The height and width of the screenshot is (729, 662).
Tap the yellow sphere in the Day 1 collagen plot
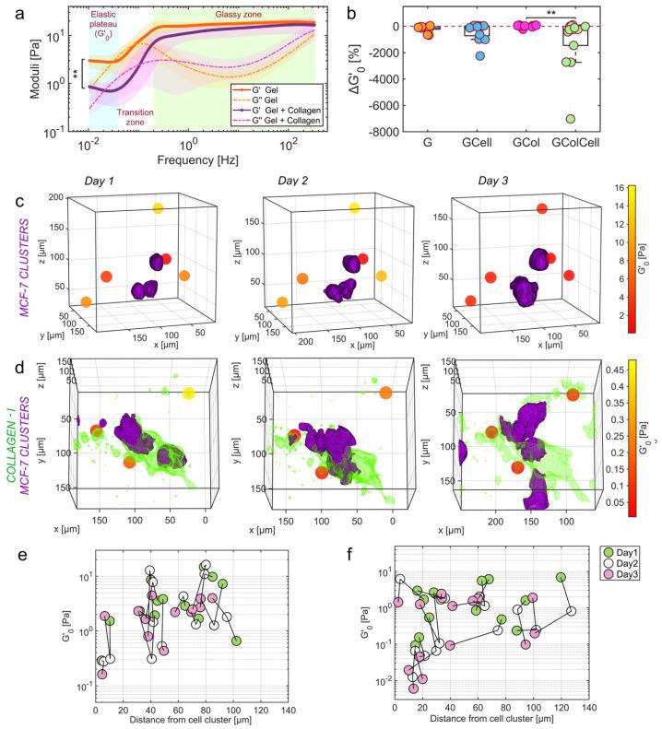188,394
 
